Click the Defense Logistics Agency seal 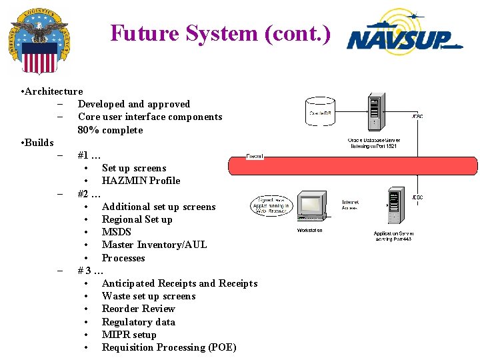[40, 41]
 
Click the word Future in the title [138, 33]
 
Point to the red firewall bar [353, 165]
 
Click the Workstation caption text [309, 231]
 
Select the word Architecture [53, 91]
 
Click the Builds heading [39, 143]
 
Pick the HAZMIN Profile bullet [141, 181]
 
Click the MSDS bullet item [117, 232]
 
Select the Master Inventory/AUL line [154, 245]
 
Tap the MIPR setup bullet [129, 335]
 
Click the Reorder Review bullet [138, 309]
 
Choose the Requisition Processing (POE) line [169, 347]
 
